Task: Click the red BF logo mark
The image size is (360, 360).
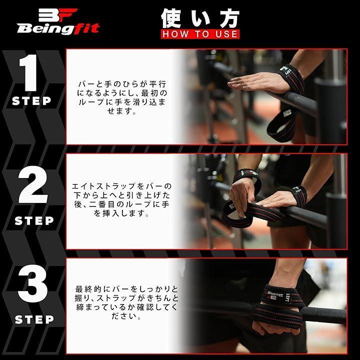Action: pos(58,15)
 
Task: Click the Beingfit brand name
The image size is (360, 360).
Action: pos(58,29)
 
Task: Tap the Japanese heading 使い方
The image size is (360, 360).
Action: pos(200,18)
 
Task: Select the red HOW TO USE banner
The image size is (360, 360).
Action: pos(200,34)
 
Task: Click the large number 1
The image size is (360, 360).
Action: pos(28,73)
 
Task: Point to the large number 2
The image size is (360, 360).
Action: pos(33,184)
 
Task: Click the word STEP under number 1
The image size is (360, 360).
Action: pos(31,101)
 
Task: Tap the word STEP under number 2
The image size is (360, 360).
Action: pos(34,220)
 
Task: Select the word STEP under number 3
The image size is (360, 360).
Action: pos(34,319)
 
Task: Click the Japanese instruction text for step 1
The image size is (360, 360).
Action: pos(122,97)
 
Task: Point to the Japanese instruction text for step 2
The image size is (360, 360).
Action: pos(121,199)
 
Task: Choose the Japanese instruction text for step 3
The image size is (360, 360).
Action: pos(126,302)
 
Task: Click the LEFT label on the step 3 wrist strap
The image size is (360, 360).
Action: pos(287,297)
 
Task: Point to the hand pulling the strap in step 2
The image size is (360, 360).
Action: pos(242,195)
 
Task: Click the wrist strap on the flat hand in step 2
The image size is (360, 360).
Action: pos(299,195)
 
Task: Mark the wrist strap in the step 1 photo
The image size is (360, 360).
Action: pos(291,78)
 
